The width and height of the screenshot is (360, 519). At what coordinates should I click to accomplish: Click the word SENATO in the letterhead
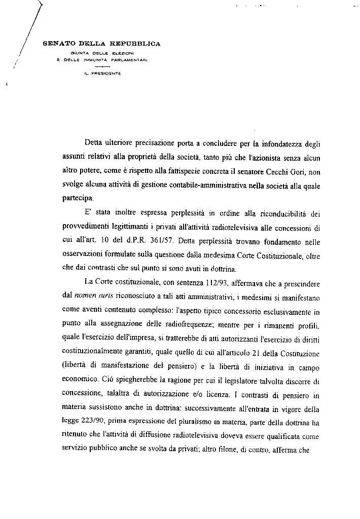point(59,44)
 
